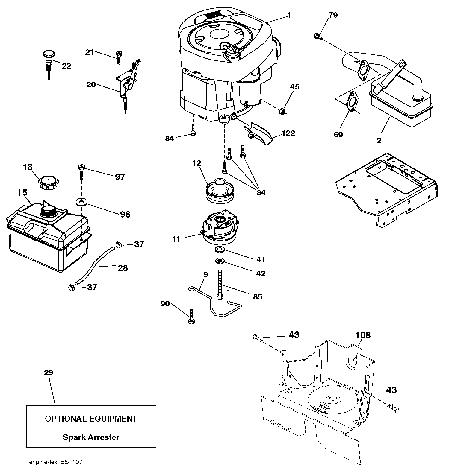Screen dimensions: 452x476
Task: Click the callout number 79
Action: click(333, 15)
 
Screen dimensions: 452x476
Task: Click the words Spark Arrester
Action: click(91, 437)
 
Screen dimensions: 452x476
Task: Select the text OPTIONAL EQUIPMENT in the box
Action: click(91, 419)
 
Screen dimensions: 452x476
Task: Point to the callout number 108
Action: click(363, 335)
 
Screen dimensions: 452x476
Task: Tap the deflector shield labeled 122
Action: click(259, 133)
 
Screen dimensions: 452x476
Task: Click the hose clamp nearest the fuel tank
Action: click(72, 288)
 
